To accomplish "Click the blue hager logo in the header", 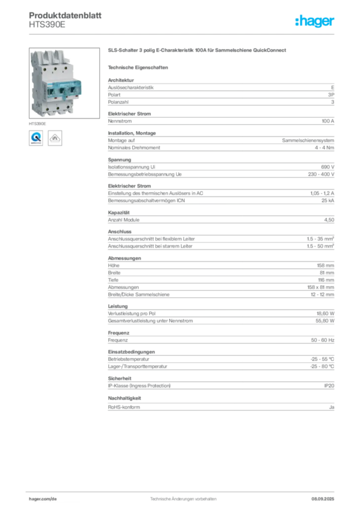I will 315,21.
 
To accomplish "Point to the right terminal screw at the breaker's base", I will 68,108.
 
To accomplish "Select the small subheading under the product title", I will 140,66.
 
